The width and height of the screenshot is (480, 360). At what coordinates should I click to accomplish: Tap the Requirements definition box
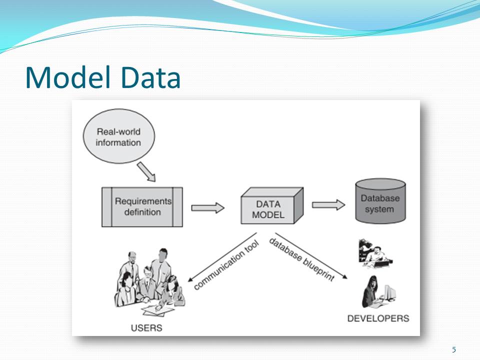pos(142,207)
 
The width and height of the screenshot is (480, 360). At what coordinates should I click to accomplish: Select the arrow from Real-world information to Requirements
pos(146,172)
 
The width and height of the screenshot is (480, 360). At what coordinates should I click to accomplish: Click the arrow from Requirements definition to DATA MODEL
pos(207,207)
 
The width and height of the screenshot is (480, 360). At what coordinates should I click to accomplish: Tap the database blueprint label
pos(301,259)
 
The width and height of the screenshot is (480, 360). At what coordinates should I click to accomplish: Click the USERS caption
pos(146,328)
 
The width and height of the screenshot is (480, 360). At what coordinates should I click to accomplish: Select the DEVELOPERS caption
pos(378,318)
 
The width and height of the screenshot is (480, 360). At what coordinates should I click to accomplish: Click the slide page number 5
pos(453,349)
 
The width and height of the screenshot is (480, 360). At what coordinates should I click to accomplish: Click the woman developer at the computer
pos(371,292)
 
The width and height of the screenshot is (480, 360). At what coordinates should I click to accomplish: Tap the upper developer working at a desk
pos(374,252)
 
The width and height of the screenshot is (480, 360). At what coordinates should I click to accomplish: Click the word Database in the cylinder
pos(380,198)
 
